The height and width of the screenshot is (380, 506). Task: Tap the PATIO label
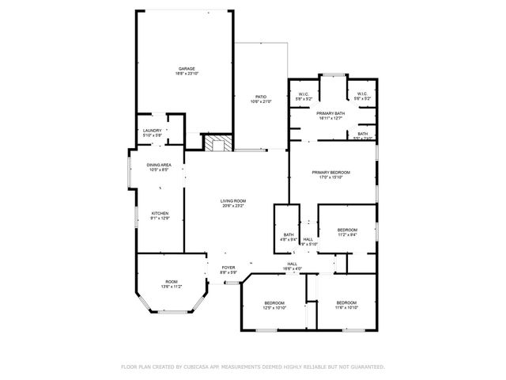261,97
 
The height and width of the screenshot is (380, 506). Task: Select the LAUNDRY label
153,131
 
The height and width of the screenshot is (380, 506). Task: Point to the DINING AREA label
159,165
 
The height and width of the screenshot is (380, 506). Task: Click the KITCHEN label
160,213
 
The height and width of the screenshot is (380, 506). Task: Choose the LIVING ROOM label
233,201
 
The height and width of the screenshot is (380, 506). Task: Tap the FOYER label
228,268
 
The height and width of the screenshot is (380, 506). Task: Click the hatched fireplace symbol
217,143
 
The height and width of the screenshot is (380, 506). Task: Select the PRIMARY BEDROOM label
330,172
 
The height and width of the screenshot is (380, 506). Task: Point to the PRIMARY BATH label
330,113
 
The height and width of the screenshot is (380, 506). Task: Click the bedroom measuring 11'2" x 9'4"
347,230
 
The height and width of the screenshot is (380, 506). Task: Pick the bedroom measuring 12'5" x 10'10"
274,303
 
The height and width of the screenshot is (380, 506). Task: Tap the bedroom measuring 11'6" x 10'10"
346,303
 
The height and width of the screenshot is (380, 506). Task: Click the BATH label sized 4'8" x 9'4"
289,235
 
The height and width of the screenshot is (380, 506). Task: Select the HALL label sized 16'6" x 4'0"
292,264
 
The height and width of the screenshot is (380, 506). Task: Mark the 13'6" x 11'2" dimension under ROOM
172,287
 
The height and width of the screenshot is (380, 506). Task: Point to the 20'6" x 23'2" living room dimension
233,206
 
